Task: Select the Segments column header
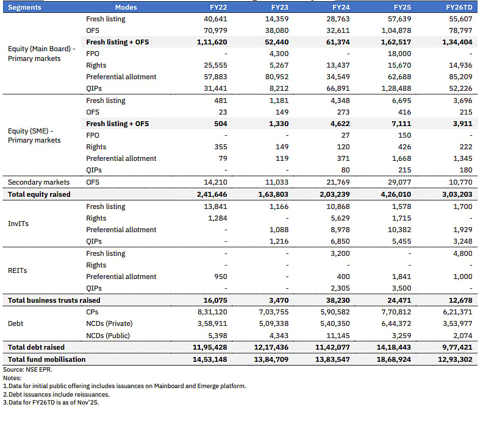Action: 26,7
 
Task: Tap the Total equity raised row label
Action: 39,194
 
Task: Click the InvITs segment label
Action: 18,224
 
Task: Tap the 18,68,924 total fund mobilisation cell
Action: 398,359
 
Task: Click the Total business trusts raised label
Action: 54,300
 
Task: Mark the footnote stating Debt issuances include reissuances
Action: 56,394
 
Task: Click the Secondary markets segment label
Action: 38,182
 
